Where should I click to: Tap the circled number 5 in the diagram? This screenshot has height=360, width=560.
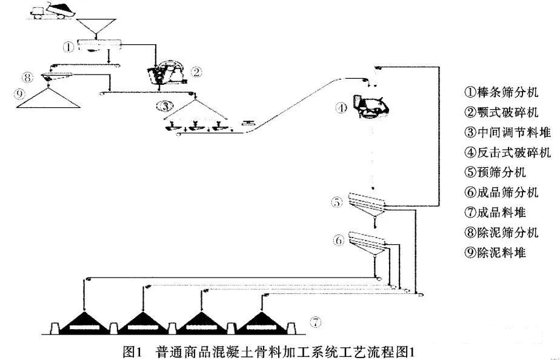click(338, 202)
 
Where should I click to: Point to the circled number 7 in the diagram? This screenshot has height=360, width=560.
click(315, 322)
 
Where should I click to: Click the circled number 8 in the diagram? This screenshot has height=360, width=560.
click(26, 77)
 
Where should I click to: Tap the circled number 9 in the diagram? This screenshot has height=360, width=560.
click(20, 95)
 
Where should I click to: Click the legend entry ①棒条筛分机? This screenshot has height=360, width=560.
click(501, 92)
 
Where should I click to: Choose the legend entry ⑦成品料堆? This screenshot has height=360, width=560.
click(495, 212)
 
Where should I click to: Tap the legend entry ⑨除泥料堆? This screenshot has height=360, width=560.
click(495, 252)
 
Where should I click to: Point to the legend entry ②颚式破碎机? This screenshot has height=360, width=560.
click(501, 112)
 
